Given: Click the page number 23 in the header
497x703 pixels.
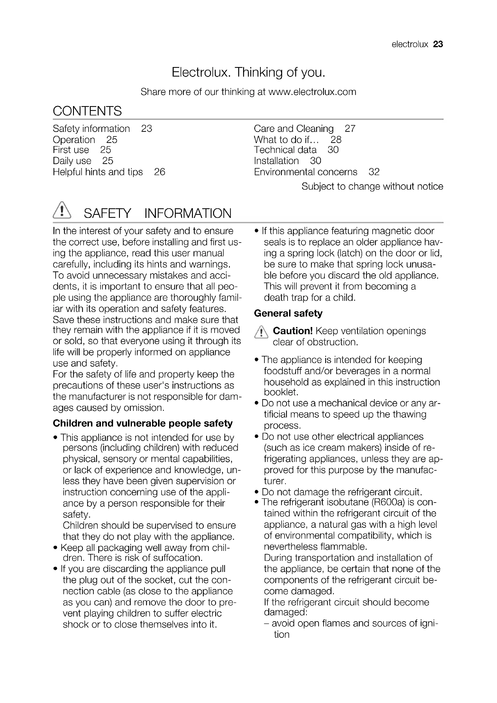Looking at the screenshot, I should (438, 44).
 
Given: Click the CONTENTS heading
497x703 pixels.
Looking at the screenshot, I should (87, 111).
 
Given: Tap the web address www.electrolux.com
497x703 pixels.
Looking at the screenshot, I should (312, 92).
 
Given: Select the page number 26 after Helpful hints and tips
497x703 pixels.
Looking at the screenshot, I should (160, 172).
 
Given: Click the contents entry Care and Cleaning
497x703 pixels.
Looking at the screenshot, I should (294, 129).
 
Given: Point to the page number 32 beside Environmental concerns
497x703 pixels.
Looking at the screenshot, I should (374, 172).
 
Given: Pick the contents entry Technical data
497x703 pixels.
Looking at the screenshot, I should (285, 150).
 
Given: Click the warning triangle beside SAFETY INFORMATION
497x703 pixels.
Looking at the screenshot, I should (62, 210).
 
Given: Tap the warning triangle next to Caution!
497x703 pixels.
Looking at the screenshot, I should (261, 332).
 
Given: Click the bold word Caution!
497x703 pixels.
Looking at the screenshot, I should (293, 331).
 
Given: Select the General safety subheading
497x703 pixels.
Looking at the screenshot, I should (288, 313).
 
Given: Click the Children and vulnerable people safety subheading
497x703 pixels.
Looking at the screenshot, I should (143, 423).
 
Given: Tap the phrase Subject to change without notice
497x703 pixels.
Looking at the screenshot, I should (372, 186).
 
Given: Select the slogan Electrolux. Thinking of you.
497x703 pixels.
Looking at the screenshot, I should (248, 72).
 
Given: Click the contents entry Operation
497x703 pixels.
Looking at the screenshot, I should (74, 140).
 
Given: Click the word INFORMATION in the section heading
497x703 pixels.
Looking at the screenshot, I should (188, 213).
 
